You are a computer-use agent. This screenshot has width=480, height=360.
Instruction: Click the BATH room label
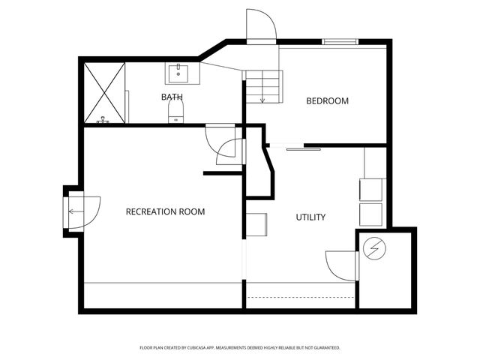pyautogui.click(x=172, y=97)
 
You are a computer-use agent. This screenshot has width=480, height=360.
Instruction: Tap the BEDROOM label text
pyautogui.click(x=327, y=100)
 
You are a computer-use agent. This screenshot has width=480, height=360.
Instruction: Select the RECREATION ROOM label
pyautogui.click(x=165, y=211)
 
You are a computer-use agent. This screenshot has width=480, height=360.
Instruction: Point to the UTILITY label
pyautogui.click(x=310, y=217)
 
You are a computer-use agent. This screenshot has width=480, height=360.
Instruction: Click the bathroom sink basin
pyautogui.click(x=178, y=73)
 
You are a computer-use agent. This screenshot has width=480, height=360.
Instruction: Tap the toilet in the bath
pyautogui.click(x=175, y=112)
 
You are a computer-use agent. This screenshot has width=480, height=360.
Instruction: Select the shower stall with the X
pyautogui.click(x=104, y=92)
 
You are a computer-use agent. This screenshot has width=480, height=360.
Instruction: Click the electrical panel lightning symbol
pyautogui.click(x=372, y=247)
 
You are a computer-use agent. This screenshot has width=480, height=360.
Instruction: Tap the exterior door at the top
pyautogui.click(x=262, y=25)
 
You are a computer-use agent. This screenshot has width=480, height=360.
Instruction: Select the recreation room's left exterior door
pyautogui.click(x=81, y=211)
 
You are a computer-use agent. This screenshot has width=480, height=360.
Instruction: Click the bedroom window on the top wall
pyautogui.click(x=340, y=41)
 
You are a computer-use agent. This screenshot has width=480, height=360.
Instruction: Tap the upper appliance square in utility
pyautogui.click(x=371, y=189)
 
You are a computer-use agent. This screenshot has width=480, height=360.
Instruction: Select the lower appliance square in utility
pyautogui.click(x=371, y=214)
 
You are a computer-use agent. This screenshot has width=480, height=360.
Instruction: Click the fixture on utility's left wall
pyautogui.click(x=256, y=224)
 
